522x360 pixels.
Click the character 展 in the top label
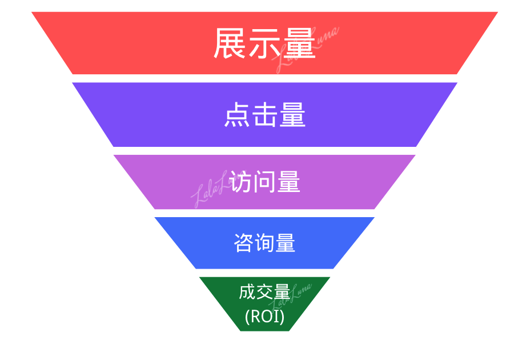tap(230, 44)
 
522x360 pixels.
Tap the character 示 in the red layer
tap(264, 44)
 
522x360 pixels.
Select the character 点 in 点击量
tap(237, 115)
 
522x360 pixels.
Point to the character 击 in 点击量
tap(264, 115)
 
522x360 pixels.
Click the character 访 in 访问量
tap(240, 182)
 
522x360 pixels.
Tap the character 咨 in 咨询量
tap(244, 243)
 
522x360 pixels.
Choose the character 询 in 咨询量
tap(264, 243)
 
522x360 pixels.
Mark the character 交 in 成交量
tap(264, 293)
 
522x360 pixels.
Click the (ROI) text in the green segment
tap(264, 315)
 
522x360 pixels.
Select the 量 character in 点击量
tap(292, 115)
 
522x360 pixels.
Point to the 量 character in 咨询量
tap(285, 243)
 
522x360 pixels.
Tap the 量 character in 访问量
tap(288, 182)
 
